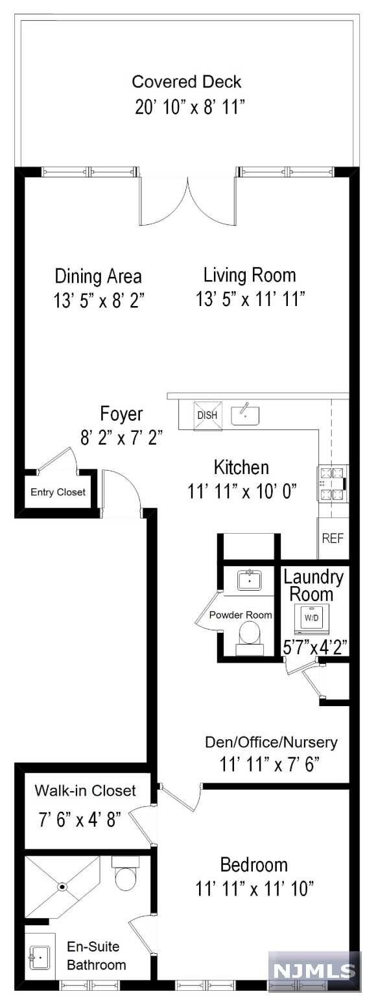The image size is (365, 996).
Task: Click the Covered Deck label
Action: [187, 82]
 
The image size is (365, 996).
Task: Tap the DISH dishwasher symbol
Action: [207, 415]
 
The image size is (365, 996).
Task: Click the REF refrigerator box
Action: [333, 538]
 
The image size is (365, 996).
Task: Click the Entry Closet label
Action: [58, 492]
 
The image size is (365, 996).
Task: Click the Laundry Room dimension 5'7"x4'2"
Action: [315, 647]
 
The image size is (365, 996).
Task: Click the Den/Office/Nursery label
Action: [271, 742]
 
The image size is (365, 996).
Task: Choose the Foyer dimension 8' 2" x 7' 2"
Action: [121, 438]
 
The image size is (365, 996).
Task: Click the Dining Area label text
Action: [99, 276]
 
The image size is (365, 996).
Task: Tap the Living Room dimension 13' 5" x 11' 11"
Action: [250, 299]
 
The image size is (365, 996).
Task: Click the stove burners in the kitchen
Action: [333, 483]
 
